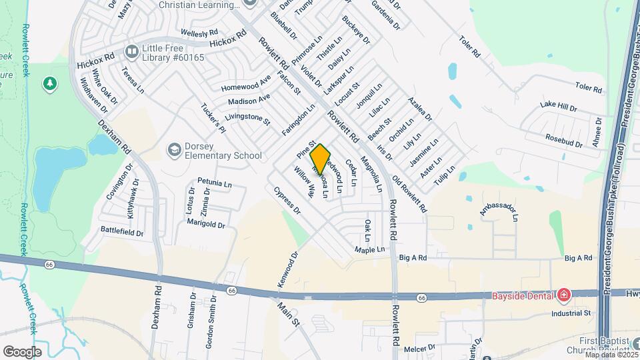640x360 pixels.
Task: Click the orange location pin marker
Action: point(320,159)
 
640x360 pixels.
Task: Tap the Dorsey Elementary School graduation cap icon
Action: point(175,149)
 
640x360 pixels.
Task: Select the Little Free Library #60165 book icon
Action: point(131,51)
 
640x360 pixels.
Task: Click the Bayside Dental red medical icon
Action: point(564,294)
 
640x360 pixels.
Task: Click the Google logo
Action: point(22,351)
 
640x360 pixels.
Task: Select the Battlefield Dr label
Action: point(122,233)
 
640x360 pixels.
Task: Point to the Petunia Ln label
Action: point(215,182)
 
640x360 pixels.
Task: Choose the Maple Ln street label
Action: point(370,250)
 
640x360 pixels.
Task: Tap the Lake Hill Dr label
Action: point(558,105)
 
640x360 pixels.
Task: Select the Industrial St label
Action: point(571,313)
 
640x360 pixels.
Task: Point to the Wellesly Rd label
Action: point(199,32)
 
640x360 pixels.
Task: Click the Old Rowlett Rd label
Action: point(409,194)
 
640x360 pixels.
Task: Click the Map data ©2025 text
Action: point(608,354)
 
